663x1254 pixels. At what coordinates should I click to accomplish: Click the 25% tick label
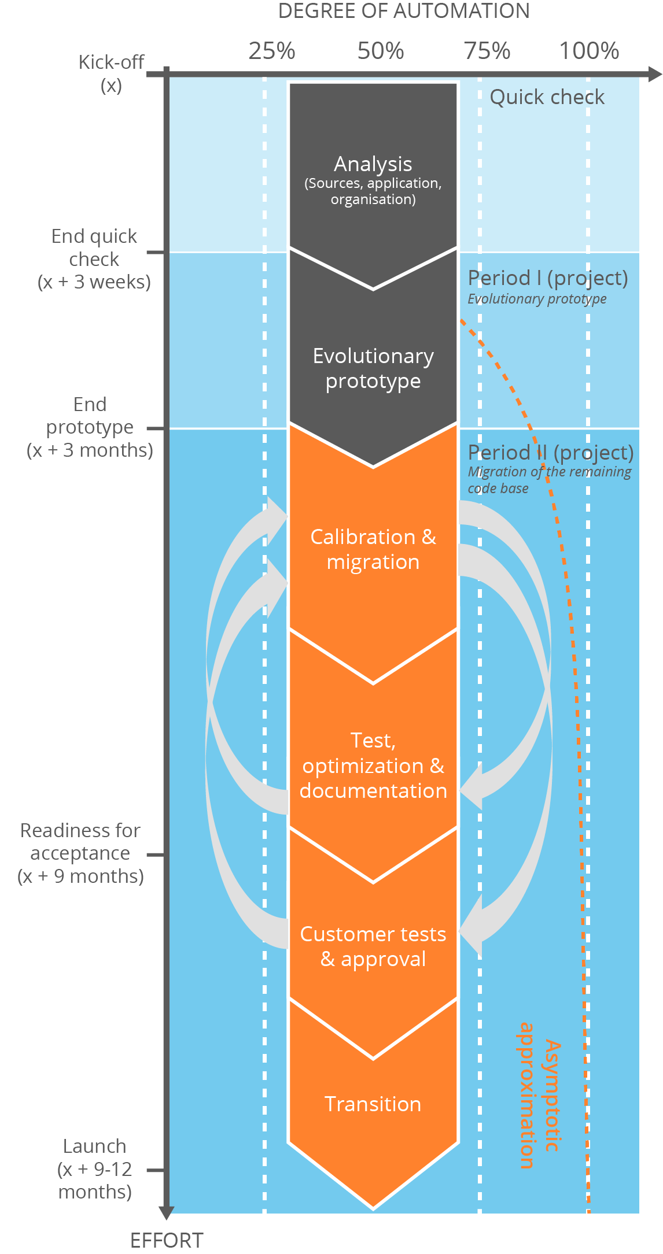[271, 51]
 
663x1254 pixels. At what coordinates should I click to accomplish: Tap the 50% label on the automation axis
[380, 51]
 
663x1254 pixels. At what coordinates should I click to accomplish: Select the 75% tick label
[487, 51]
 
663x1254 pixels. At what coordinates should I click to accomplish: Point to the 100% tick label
[589, 51]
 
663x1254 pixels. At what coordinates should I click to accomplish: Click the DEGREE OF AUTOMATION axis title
[404, 11]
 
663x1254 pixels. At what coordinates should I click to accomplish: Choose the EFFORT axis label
[167, 1241]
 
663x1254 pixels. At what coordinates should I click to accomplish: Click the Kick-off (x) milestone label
[111, 73]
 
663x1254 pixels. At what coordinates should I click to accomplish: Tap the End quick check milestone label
[94, 259]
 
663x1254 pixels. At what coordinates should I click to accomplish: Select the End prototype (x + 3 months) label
[90, 427]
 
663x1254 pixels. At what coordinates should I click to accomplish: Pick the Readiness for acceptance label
[80, 853]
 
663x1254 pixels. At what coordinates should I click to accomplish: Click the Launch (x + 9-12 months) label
[95, 1169]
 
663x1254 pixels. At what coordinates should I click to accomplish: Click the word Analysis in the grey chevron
[373, 164]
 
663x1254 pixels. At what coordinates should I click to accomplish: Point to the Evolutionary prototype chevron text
[373, 368]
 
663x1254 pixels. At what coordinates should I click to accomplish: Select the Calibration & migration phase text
[373, 549]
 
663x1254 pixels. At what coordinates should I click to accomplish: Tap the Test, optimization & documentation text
[373, 765]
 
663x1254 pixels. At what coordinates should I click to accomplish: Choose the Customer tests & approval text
[373, 946]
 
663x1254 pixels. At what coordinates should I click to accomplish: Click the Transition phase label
[373, 1104]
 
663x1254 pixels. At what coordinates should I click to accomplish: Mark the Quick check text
[547, 97]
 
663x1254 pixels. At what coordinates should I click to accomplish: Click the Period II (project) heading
[550, 453]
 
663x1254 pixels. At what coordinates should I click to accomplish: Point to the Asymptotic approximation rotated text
[538, 1096]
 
